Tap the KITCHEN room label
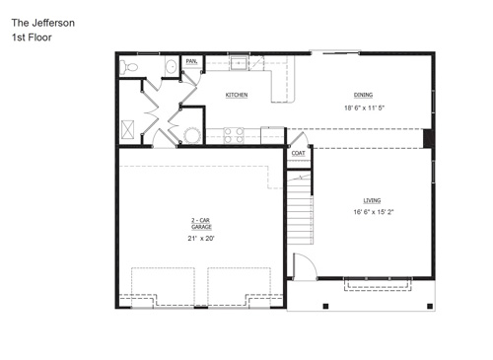(236, 95)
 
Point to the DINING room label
(364, 95)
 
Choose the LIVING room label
(372, 199)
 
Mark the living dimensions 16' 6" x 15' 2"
(374, 212)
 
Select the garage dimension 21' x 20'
(201, 238)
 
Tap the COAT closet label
(298, 153)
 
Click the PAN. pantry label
(191, 61)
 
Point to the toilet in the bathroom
(129, 67)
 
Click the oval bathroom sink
(170, 67)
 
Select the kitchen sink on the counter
(241, 64)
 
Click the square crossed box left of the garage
(129, 126)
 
